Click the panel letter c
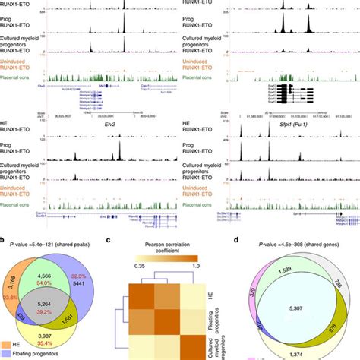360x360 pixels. point(131,239)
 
